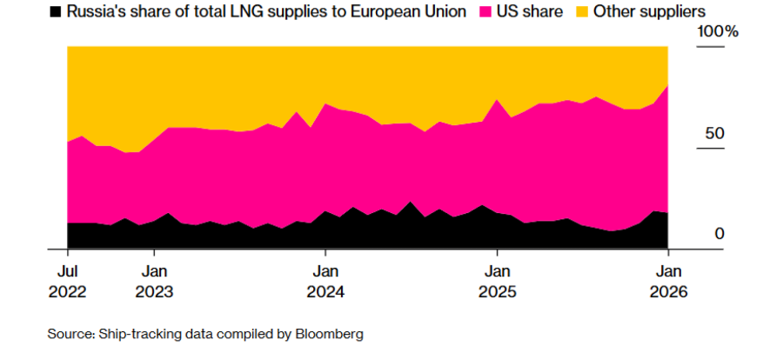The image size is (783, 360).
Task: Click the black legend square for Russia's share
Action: [x=57, y=12]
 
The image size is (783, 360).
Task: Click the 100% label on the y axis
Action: [x=719, y=32]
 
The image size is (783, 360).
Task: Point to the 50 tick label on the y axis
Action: [x=715, y=134]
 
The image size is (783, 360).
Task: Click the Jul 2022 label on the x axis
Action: [x=68, y=281]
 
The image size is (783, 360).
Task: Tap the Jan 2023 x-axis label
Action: [x=154, y=281]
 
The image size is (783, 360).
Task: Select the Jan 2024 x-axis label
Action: [x=325, y=281]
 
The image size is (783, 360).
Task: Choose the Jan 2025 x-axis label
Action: [x=497, y=281]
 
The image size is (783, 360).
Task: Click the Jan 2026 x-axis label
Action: [x=667, y=281]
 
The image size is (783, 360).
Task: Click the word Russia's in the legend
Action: [x=102, y=12]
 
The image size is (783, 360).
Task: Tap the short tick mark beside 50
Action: [x=711, y=148]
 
